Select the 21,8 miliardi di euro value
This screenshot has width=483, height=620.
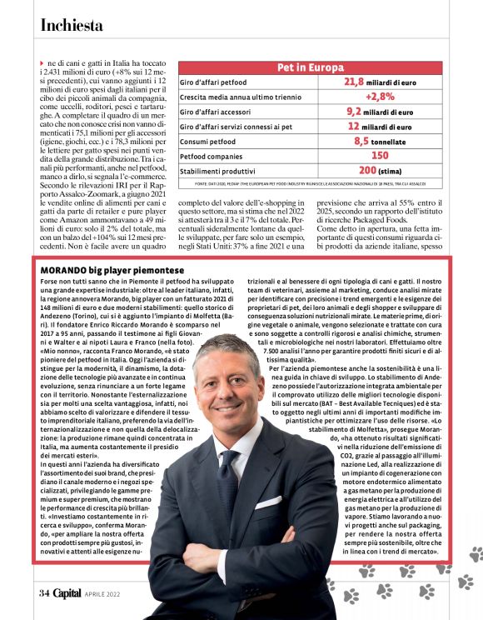(379, 82)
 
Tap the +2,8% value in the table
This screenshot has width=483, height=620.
(380, 96)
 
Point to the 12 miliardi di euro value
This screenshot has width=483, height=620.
(380, 126)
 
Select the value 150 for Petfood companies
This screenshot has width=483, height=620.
(380, 155)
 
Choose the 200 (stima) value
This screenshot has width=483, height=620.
(380, 170)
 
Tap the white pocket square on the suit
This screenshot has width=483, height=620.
(268, 502)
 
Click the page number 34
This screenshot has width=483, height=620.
(43, 592)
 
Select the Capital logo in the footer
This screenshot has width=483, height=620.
(67, 592)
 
